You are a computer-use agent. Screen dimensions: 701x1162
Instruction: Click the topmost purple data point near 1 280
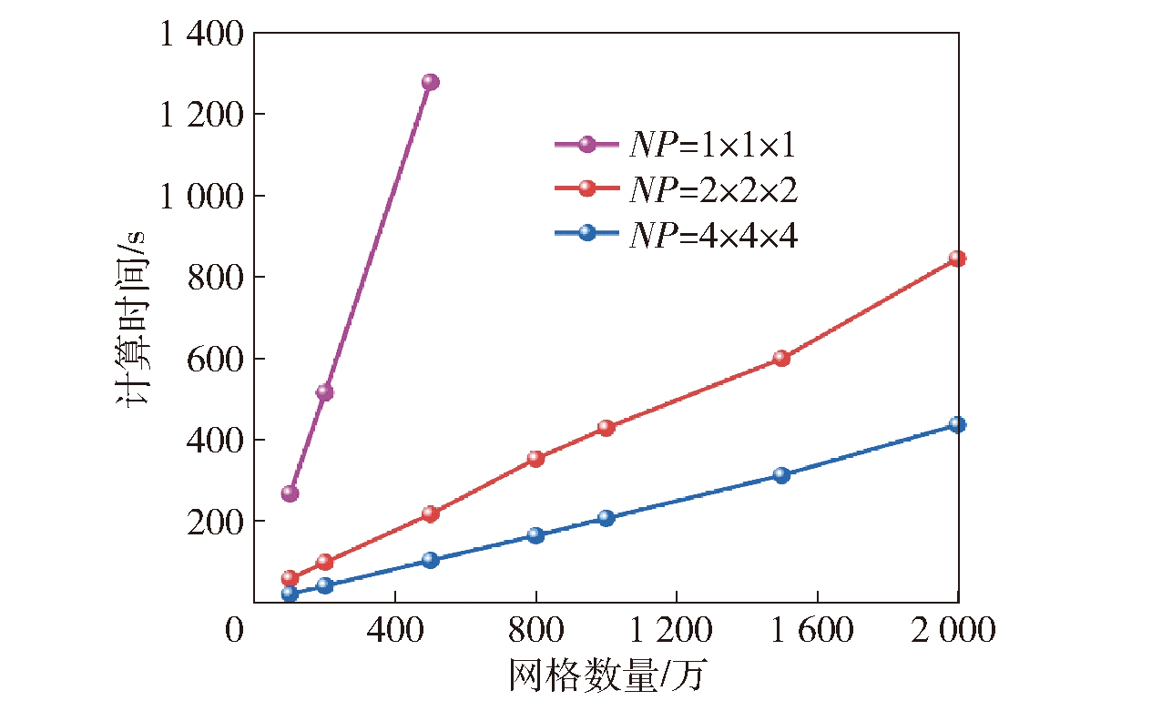coord(430,82)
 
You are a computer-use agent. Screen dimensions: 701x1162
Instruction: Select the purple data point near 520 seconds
coord(324,392)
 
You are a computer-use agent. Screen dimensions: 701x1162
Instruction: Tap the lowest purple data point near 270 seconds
coord(290,493)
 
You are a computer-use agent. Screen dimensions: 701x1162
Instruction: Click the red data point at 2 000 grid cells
coord(957,259)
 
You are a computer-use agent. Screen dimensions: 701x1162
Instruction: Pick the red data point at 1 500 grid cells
coord(780,358)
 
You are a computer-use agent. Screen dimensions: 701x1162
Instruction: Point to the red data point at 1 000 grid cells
coord(606,428)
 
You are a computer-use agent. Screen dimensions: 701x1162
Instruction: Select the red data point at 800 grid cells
coord(535,459)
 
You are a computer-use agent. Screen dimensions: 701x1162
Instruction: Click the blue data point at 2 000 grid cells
coord(957,424)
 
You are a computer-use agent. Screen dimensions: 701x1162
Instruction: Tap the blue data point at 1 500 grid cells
coord(780,475)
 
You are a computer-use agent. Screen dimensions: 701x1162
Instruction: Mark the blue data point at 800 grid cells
coord(535,535)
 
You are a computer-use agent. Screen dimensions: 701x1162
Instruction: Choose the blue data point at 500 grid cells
coord(430,560)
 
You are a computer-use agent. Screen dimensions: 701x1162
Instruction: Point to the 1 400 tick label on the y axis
coord(201,35)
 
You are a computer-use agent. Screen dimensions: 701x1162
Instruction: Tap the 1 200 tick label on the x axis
coord(676,631)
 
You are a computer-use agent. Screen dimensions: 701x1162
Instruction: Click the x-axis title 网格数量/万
coord(608,676)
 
